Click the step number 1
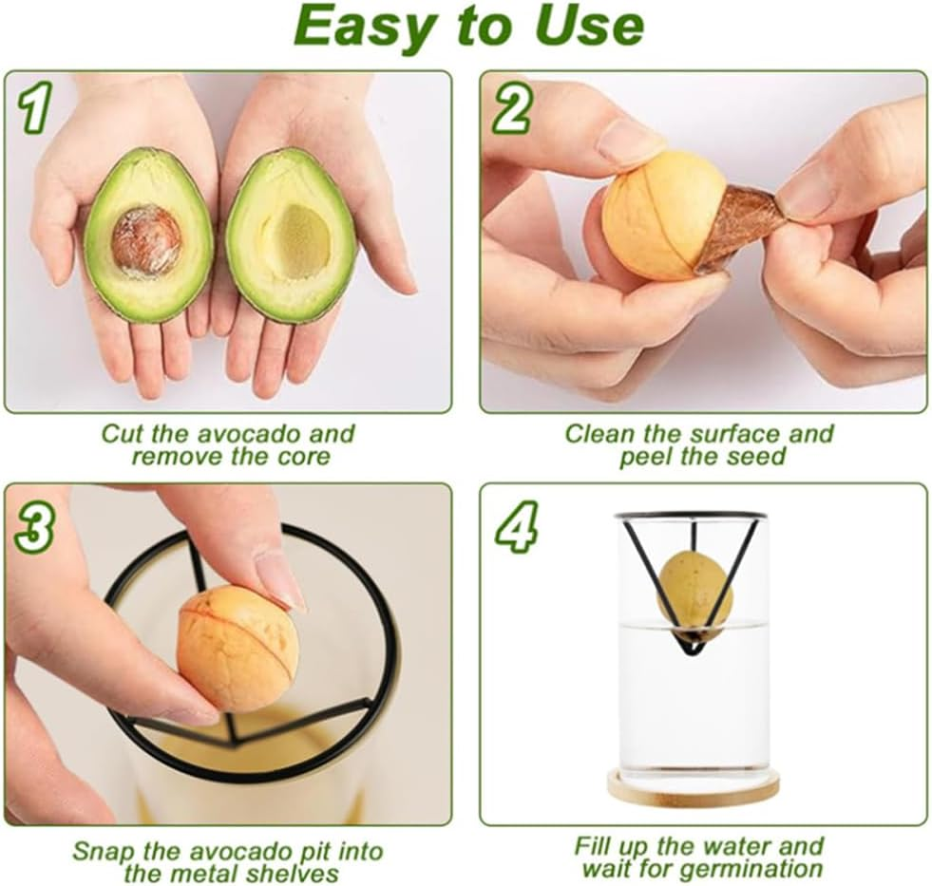34,109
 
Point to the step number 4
515,525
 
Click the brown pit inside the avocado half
145,239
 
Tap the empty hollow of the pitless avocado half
302,240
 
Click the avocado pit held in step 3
238,649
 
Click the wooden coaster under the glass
694,787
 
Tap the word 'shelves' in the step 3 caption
295,873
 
